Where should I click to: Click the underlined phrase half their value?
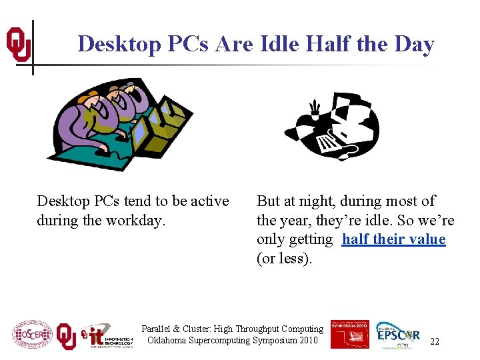pyautogui.click(x=393, y=239)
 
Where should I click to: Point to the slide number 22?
pyautogui.click(x=435, y=341)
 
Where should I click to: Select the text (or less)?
pyautogui.click(x=284, y=258)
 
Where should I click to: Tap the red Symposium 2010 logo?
pyautogui.click(x=349, y=333)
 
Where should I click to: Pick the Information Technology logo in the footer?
pyautogui.click(x=107, y=336)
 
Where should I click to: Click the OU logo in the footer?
pyautogui.click(x=66, y=335)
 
